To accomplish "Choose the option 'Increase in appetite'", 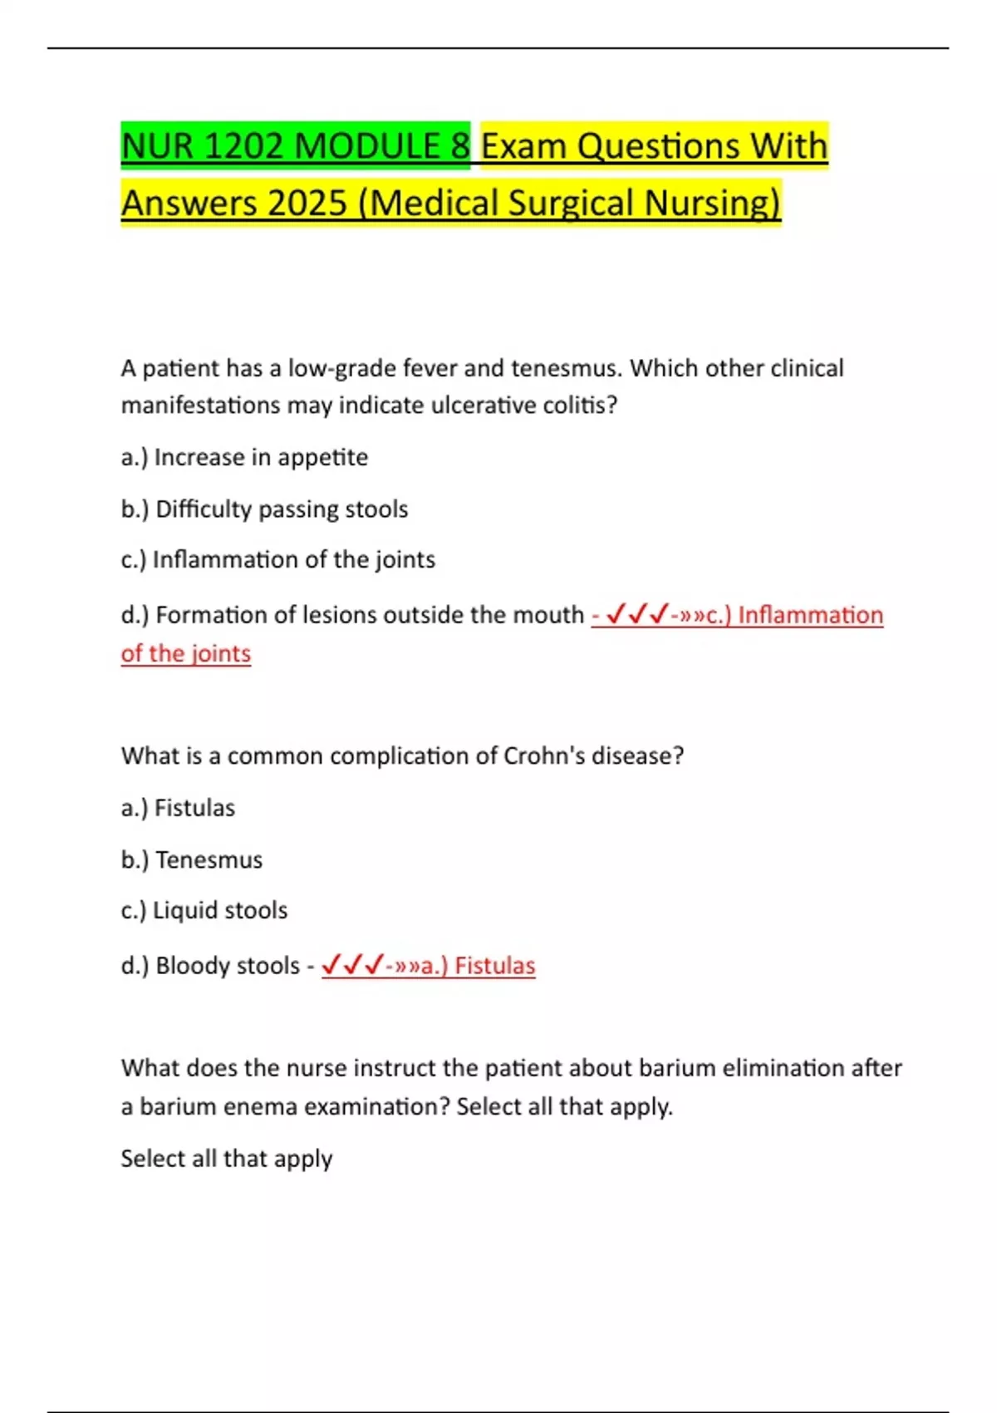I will (244, 457).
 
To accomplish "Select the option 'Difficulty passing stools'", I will (264, 509).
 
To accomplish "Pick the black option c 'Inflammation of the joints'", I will (277, 559).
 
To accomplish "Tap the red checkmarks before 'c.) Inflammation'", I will (637, 615).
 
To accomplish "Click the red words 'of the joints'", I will (185, 653).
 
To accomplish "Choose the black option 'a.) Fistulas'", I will (178, 808).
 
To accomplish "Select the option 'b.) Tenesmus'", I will (191, 859).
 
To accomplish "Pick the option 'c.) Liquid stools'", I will (204, 910).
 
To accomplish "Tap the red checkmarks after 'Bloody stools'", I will (352, 965).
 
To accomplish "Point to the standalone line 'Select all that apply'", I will (226, 1159).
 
